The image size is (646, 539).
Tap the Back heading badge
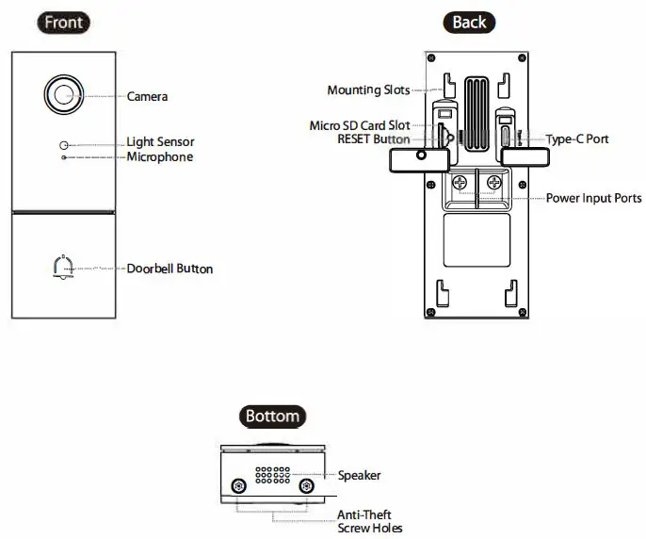pyautogui.click(x=467, y=23)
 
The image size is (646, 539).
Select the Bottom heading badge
pyautogui.click(x=272, y=416)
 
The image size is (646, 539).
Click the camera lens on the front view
pyautogui.click(x=64, y=93)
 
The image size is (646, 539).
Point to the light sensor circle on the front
pyautogui.click(x=64, y=144)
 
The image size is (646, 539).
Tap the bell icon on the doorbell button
pyautogui.click(x=63, y=269)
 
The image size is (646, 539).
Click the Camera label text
pyautogui.click(x=148, y=96)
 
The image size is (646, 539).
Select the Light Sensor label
pyautogui.click(x=160, y=142)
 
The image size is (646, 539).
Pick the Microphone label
pyautogui.click(x=160, y=156)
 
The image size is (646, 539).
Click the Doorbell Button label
pyautogui.click(x=170, y=269)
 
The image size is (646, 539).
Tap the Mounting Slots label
pyautogui.click(x=368, y=90)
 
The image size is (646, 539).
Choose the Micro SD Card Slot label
pyautogui.click(x=359, y=125)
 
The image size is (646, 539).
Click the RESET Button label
pyautogui.click(x=373, y=139)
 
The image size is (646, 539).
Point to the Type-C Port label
pyautogui.click(x=577, y=139)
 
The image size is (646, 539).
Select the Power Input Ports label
pyautogui.click(x=593, y=199)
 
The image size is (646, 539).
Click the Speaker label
pyautogui.click(x=359, y=476)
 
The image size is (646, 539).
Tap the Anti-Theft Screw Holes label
pyautogui.click(x=369, y=521)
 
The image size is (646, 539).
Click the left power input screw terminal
pyautogui.click(x=460, y=183)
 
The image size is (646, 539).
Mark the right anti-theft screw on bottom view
pyautogui.click(x=307, y=485)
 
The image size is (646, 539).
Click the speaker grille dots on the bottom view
pyautogui.click(x=272, y=473)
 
